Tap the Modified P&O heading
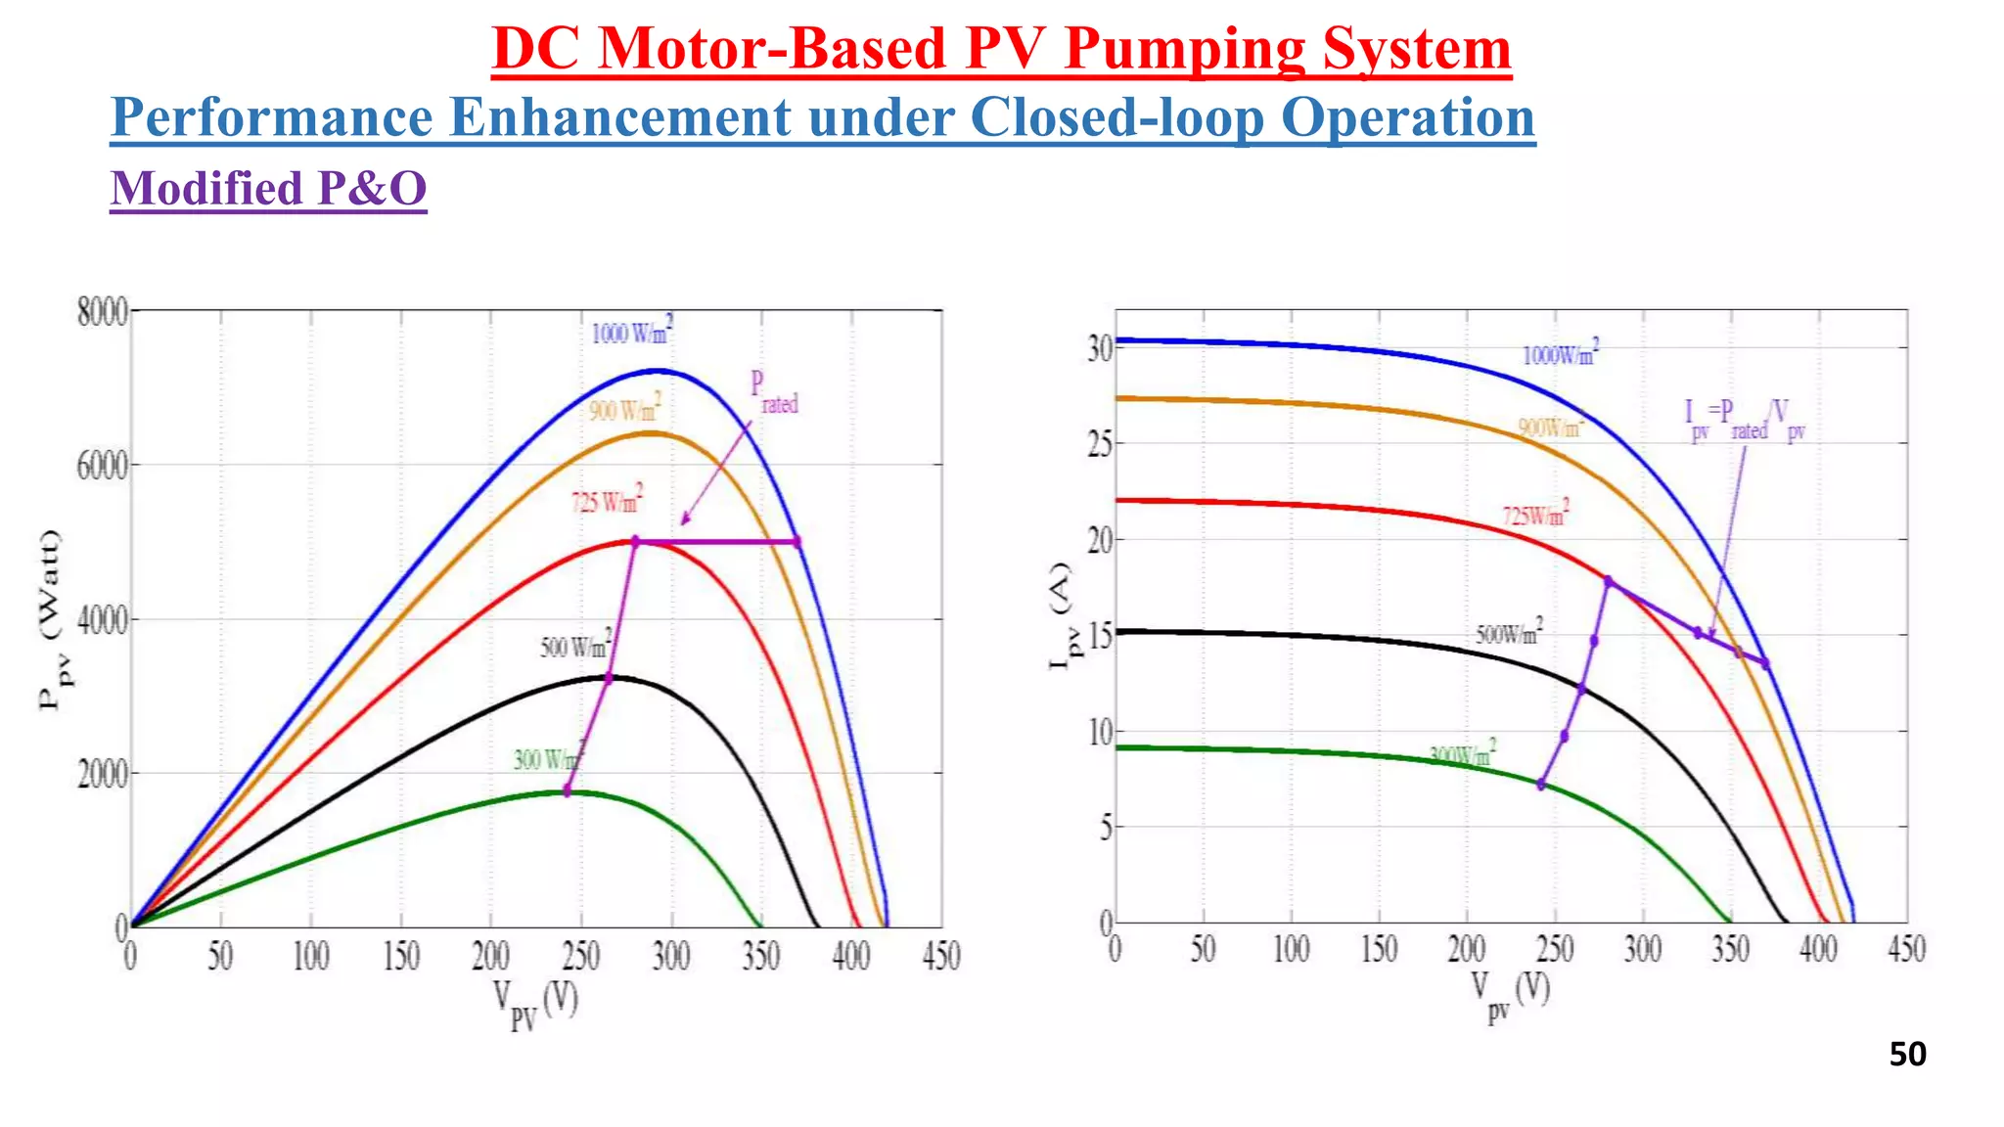(268, 188)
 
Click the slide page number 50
(1907, 1054)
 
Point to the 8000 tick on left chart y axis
(102, 313)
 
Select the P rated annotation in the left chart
(773, 392)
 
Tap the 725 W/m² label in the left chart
(607, 501)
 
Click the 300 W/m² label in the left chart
(549, 758)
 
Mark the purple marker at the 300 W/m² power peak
(567, 789)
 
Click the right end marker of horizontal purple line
(797, 541)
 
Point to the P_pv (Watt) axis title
(50, 620)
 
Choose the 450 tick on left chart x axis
(941, 956)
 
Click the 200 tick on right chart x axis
(1466, 949)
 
